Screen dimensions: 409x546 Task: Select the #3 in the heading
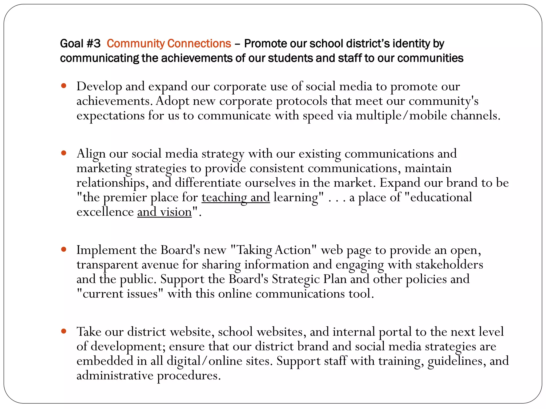pos(94,43)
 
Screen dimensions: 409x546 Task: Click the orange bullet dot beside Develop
pos(63,86)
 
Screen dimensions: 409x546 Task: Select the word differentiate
pos(208,183)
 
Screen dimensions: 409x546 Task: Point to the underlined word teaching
pos(224,198)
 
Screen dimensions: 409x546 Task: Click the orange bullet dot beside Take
pos(63,331)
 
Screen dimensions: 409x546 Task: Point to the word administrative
pos(115,376)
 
